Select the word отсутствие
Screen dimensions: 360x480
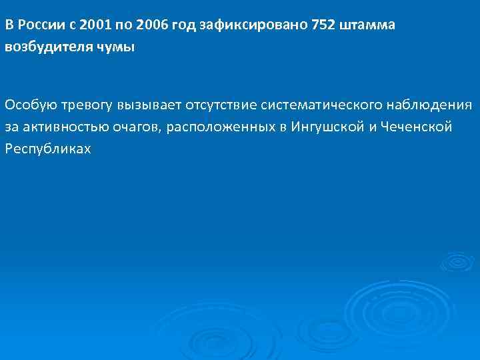pos(217,105)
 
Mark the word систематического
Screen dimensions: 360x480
pos(319,105)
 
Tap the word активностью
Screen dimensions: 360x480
pos(59,126)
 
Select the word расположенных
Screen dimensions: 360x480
pos(215,126)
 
